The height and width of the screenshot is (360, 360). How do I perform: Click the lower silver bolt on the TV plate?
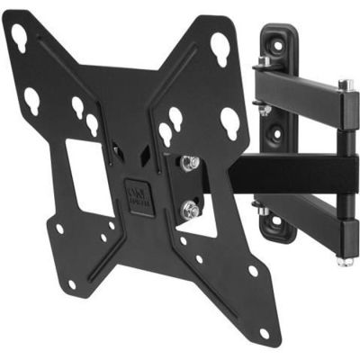click(x=190, y=210)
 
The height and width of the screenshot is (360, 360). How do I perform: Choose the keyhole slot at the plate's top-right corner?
click(x=220, y=42)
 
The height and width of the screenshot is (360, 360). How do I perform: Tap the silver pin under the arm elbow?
click(x=343, y=261)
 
